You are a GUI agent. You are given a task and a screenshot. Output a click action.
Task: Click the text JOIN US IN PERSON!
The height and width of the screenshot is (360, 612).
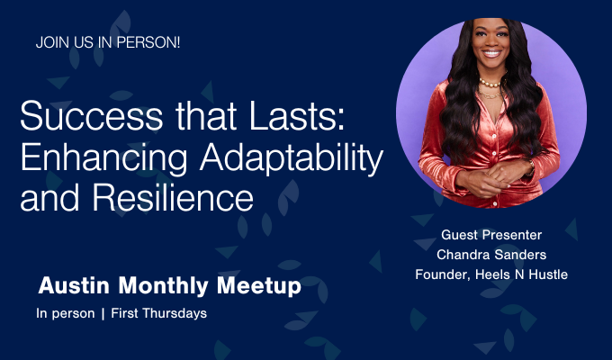coord(108,42)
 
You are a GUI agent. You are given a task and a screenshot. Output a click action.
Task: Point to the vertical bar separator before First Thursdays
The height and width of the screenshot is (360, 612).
coord(102,315)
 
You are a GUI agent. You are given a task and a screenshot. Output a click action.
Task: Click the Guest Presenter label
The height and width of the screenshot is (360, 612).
coord(491,234)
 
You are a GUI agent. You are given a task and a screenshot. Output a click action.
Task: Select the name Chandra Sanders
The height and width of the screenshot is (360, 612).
coord(491,255)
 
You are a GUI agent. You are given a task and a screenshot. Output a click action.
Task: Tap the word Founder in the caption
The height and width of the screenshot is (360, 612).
coord(443,275)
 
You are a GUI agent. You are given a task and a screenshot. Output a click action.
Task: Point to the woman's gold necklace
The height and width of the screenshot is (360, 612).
coord(491,84)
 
